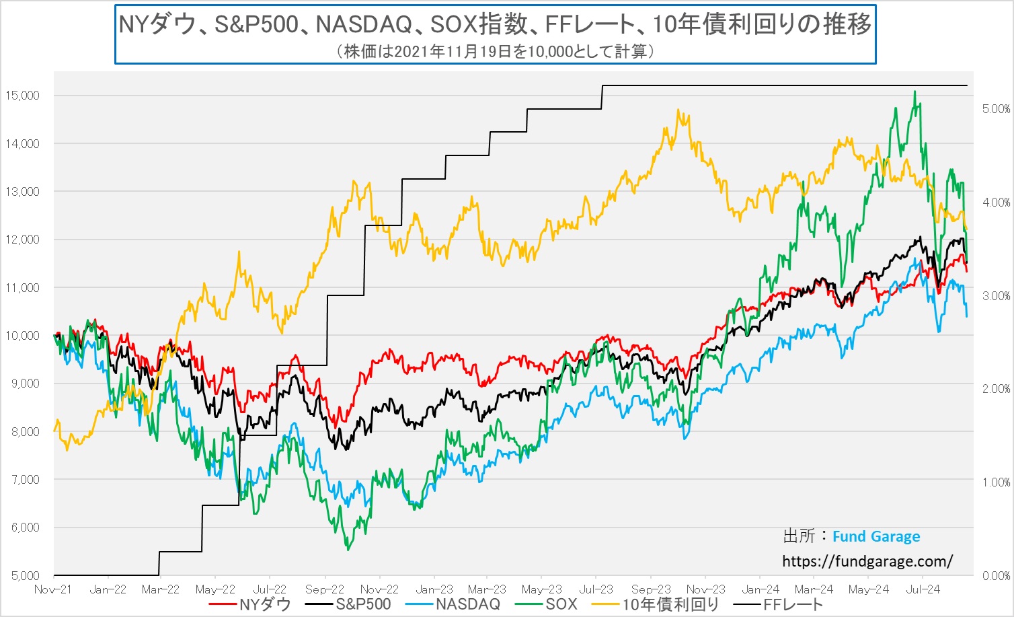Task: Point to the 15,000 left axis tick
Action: (22, 96)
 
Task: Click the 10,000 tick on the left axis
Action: (22, 336)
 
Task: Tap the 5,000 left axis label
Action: (25, 576)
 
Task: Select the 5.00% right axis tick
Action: (996, 109)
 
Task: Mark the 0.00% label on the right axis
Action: (996, 576)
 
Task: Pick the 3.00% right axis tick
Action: (996, 296)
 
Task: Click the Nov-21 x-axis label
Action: (52, 589)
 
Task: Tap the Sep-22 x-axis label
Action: (325, 589)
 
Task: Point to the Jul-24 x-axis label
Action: (923, 589)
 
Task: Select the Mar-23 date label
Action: (487, 589)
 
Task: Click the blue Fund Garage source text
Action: (876, 537)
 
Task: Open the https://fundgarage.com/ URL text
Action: (867, 561)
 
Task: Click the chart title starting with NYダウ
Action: (495, 25)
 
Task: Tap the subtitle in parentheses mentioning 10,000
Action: (495, 51)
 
